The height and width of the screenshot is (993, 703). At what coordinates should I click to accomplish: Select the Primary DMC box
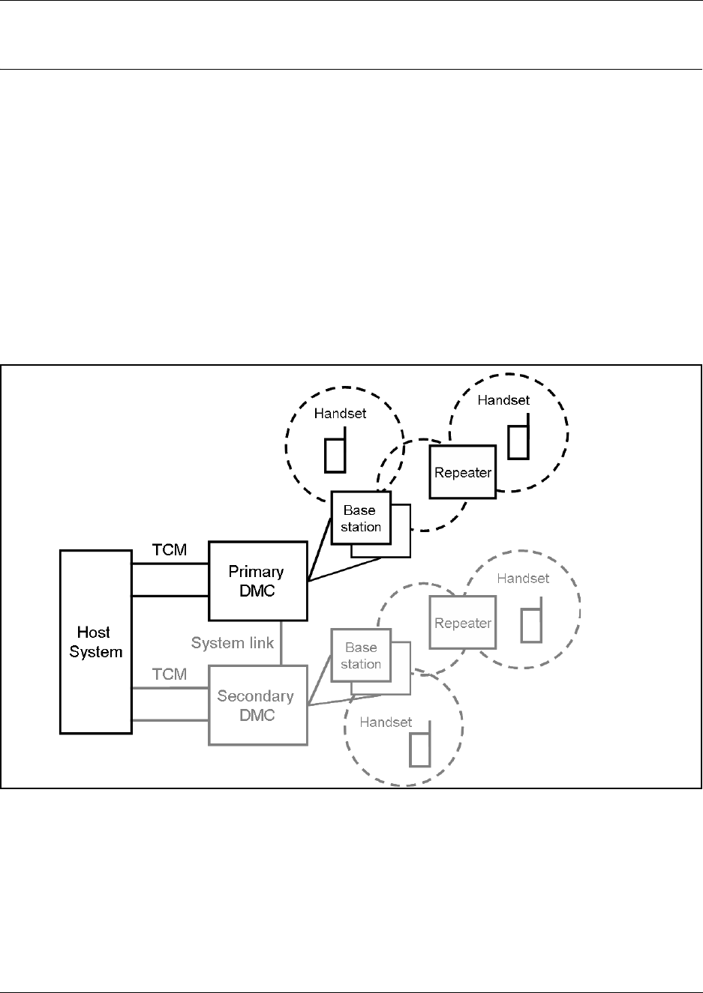coord(257,582)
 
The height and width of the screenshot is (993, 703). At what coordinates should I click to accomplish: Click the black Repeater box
coord(463,472)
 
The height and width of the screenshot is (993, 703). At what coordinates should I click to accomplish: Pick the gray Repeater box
coord(463,623)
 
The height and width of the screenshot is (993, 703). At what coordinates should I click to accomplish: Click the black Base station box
coord(361,518)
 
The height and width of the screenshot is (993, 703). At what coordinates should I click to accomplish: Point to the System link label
coord(233,643)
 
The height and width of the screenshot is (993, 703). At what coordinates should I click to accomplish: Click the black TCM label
coord(170,550)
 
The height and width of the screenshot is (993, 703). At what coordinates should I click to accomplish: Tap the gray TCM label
coord(170,674)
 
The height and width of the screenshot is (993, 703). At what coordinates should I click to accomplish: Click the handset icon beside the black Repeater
coord(518,441)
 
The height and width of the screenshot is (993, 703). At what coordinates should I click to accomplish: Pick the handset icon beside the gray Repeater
coord(531,624)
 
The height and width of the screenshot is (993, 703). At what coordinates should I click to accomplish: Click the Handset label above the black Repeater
coord(503,400)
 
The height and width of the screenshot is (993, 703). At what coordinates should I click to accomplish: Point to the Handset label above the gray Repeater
coord(523,579)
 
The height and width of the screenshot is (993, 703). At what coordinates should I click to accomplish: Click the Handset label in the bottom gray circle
coord(386,722)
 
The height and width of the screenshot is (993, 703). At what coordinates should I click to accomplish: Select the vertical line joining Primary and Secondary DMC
coord(281,642)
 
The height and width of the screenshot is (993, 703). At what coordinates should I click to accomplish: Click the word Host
coord(94,633)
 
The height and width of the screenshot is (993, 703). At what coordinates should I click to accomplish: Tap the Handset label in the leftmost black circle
coord(341,413)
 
